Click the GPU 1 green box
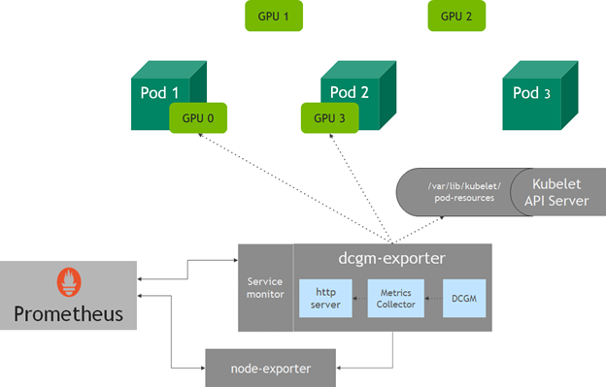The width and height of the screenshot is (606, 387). click(274, 16)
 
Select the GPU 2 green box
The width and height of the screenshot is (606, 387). click(456, 16)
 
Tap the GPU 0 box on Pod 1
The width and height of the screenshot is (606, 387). click(198, 118)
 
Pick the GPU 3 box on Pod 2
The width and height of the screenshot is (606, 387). click(329, 118)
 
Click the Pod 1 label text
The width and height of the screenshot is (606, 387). click(159, 93)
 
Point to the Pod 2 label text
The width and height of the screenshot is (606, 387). click(349, 92)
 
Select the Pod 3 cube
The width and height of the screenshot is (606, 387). click(540, 95)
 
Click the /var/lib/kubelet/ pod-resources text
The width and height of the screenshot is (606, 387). click(464, 192)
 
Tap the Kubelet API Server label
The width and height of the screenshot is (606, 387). click(556, 192)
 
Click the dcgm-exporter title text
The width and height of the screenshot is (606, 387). click(392, 258)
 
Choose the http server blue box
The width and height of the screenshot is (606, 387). click(325, 299)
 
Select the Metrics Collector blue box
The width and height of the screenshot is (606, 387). click(396, 299)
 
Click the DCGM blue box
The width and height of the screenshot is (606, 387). click(464, 299)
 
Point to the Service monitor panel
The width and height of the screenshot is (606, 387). click(265, 288)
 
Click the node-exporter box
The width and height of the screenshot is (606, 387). click(271, 369)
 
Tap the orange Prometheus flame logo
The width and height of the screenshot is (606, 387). click(69, 282)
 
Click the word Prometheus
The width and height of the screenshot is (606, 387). click(68, 314)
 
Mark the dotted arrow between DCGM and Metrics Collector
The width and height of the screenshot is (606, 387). click(434, 299)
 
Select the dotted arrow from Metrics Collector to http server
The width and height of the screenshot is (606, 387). click(360, 299)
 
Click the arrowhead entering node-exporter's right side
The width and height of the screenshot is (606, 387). click(339, 369)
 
